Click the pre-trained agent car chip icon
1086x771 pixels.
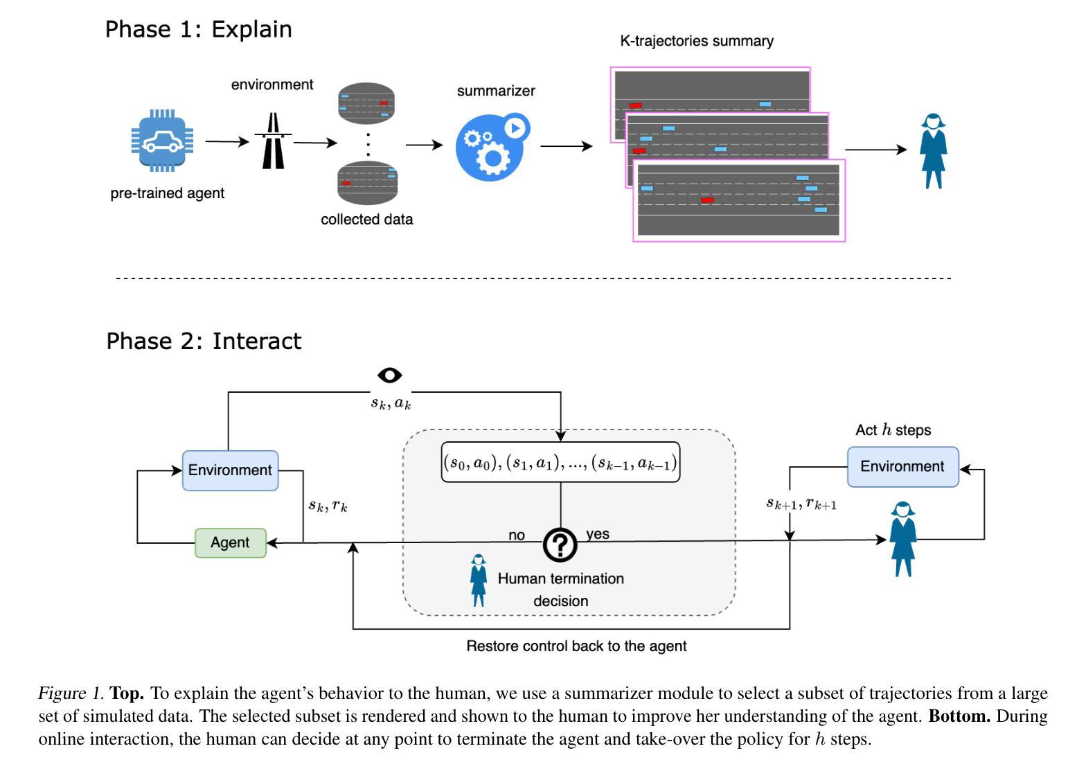pyautogui.click(x=162, y=141)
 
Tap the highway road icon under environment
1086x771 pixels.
pyautogui.click(x=274, y=141)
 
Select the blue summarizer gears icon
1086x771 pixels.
pyautogui.click(x=492, y=147)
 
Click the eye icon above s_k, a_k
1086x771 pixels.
pyautogui.click(x=390, y=375)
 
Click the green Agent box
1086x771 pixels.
pyautogui.click(x=231, y=542)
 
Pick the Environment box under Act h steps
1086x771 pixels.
pyautogui.click(x=902, y=466)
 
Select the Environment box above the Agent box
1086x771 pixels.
pyautogui.click(x=230, y=470)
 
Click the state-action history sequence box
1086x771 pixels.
pyautogui.click(x=560, y=462)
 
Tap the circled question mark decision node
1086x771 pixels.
pyautogui.click(x=560, y=544)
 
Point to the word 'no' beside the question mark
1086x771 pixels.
pyautogui.click(x=517, y=535)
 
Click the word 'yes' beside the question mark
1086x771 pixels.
pyautogui.click(x=598, y=534)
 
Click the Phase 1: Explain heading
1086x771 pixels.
pyautogui.click(x=198, y=29)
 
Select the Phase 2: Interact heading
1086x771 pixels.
pyautogui.click(x=204, y=341)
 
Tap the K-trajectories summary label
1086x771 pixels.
pyautogui.click(x=697, y=41)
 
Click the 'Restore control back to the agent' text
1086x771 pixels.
pyautogui.click(x=576, y=646)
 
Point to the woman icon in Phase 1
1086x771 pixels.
pyautogui.click(x=934, y=151)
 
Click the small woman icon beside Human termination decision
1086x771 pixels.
pyautogui.click(x=479, y=580)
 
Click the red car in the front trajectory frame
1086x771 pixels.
pyautogui.click(x=707, y=200)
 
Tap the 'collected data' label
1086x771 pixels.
pyautogui.click(x=366, y=219)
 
